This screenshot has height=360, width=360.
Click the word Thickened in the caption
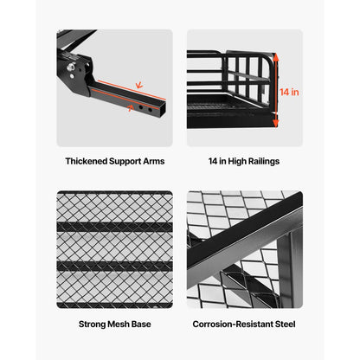pos(87,161)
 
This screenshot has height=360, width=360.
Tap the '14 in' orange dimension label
pos(290,89)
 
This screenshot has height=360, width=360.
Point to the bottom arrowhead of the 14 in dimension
pos(276,125)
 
